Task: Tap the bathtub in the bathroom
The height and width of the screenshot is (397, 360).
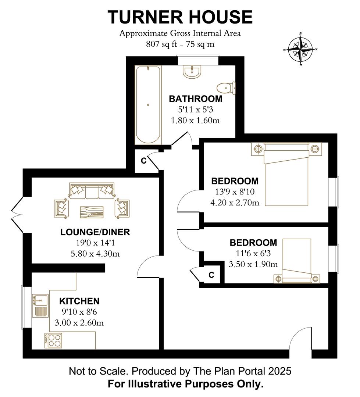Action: (x=148, y=105)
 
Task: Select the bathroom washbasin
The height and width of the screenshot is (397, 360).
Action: (x=192, y=71)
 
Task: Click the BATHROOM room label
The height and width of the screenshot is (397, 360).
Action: (x=195, y=99)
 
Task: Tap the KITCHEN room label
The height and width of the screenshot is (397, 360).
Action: (x=79, y=301)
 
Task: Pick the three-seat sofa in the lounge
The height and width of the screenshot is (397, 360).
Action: (x=92, y=191)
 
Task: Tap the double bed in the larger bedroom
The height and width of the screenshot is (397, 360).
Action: (x=286, y=174)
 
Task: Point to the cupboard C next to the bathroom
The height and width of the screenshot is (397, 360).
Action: (x=144, y=161)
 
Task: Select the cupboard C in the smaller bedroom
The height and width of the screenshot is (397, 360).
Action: (x=211, y=275)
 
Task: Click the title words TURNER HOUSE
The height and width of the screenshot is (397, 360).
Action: (x=180, y=17)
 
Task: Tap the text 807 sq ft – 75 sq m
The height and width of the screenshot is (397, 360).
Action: (x=180, y=44)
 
